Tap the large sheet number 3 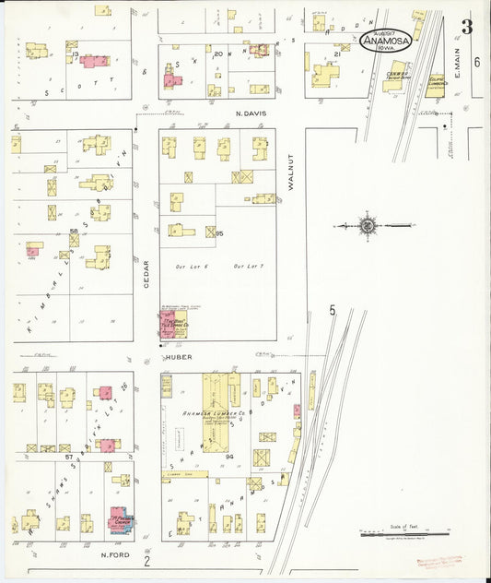pos(467,27)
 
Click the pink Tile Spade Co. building pos(171,325)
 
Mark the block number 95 pos(219,234)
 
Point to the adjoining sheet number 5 pos(332,311)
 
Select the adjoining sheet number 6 pos(476,62)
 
